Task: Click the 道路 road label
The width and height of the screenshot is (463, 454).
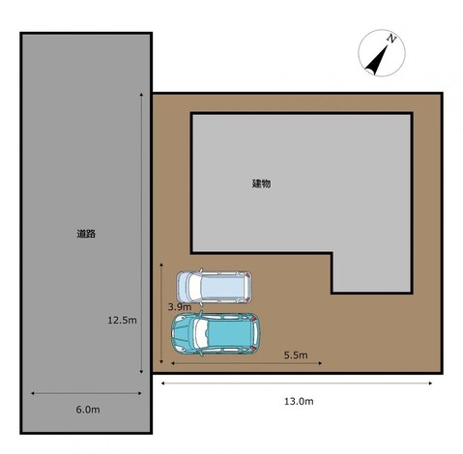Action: click(x=86, y=234)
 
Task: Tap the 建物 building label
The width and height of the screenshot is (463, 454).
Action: click(x=261, y=184)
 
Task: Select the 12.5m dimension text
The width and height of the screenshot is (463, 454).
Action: click(x=122, y=320)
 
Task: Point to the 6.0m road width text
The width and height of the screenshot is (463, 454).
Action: click(x=88, y=410)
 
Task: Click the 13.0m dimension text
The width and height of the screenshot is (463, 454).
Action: click(x=299, y=401)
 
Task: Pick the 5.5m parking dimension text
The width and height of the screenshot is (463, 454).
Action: click(x=296, y=355)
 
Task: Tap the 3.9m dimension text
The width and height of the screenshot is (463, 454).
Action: click(x=180, y=307)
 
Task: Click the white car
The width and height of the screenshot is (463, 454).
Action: click(x=215, y=287)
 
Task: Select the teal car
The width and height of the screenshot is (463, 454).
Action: click(x=216, y=333)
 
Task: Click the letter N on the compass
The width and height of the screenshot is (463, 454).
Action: click(x=391, y=39)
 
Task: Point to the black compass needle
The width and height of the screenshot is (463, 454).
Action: click(x=377, y=60)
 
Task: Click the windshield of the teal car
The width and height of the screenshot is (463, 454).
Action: click(x=200, y=333)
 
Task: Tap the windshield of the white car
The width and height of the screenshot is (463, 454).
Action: click(x=195, y=287)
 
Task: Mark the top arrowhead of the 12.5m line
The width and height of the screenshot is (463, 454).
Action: click(x=141, y=95)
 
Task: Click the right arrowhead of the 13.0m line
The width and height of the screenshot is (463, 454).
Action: click(x=430, y=383)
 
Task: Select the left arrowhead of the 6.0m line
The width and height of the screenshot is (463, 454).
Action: click(x=33, y=393)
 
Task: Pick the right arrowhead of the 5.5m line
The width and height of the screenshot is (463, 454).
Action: click(x=320, y=363)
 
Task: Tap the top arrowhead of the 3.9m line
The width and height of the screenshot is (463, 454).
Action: click(x=161, y=265)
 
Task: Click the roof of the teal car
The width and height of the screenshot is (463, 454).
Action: click(x=229, y=333)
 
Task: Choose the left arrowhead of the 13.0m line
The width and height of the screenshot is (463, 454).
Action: click(x=163, y=383)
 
